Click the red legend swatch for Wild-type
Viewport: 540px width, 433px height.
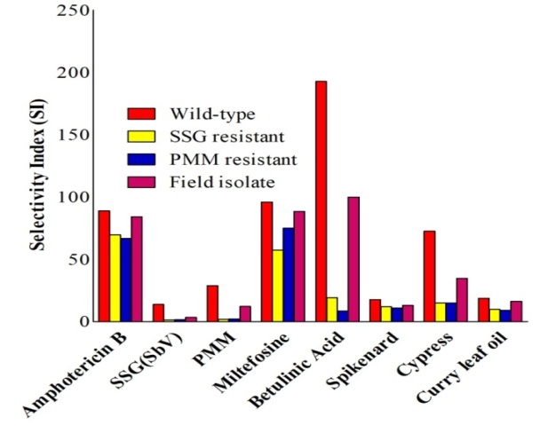coord(142,114)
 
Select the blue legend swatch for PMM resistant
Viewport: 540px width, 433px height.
coord(142,159)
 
